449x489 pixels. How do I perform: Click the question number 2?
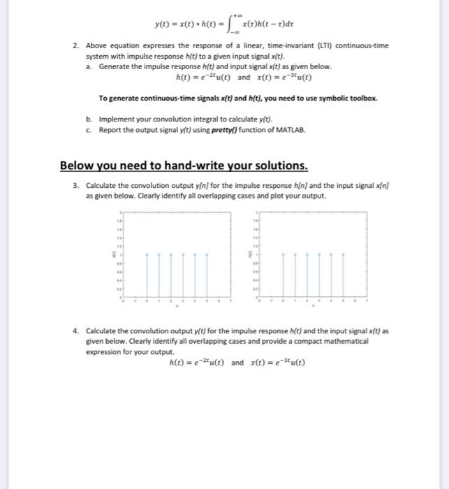75,45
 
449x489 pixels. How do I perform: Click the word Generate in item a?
114,66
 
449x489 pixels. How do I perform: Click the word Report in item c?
112,130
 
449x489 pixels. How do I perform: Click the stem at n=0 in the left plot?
147,276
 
